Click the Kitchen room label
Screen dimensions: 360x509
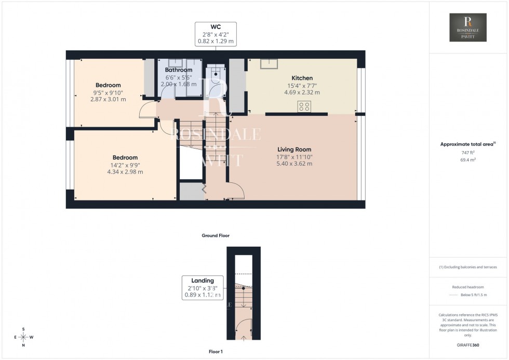pyautogui.click(x=301, y=78)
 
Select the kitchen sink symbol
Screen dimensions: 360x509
pyautogui.click(x=269, y=63)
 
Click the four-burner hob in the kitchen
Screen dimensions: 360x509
pyautogui.click(x=304, y=106)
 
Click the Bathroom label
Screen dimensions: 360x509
pyautogui.click(x=178, y=70)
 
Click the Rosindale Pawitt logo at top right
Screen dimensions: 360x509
pyautogui.click(x=468, y=28)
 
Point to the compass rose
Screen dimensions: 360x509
pyautogui.click(x=23, y=337)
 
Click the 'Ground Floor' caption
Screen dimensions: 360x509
pyautogui.click(x=216, y=235)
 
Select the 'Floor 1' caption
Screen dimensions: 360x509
pyautogui.click(x=215, y=352)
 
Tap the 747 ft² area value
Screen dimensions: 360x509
pyautogui.click(x=468, y=152)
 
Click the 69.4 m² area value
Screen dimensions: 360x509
pyautogui.click(x=468, y=160)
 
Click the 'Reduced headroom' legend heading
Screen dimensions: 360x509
pyautogui.click(x=468, y=287)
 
